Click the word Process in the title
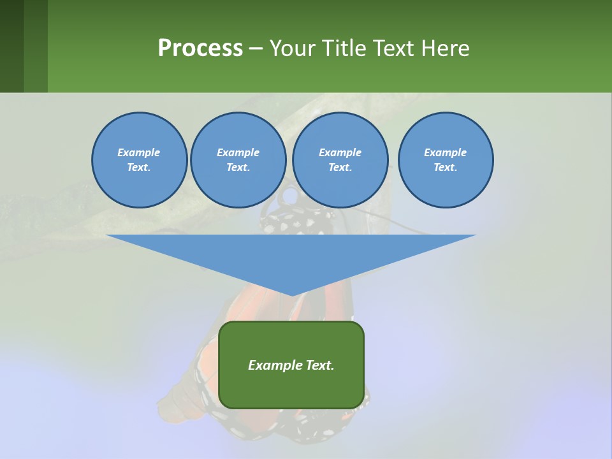200,48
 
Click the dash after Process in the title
256,49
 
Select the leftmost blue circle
139,160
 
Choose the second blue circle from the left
238,160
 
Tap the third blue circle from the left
340,160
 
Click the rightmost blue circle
446,160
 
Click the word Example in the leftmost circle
139,152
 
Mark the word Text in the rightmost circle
444,168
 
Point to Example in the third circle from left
340,152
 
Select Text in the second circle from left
237,168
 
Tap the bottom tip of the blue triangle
292,294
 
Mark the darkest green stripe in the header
11,46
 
